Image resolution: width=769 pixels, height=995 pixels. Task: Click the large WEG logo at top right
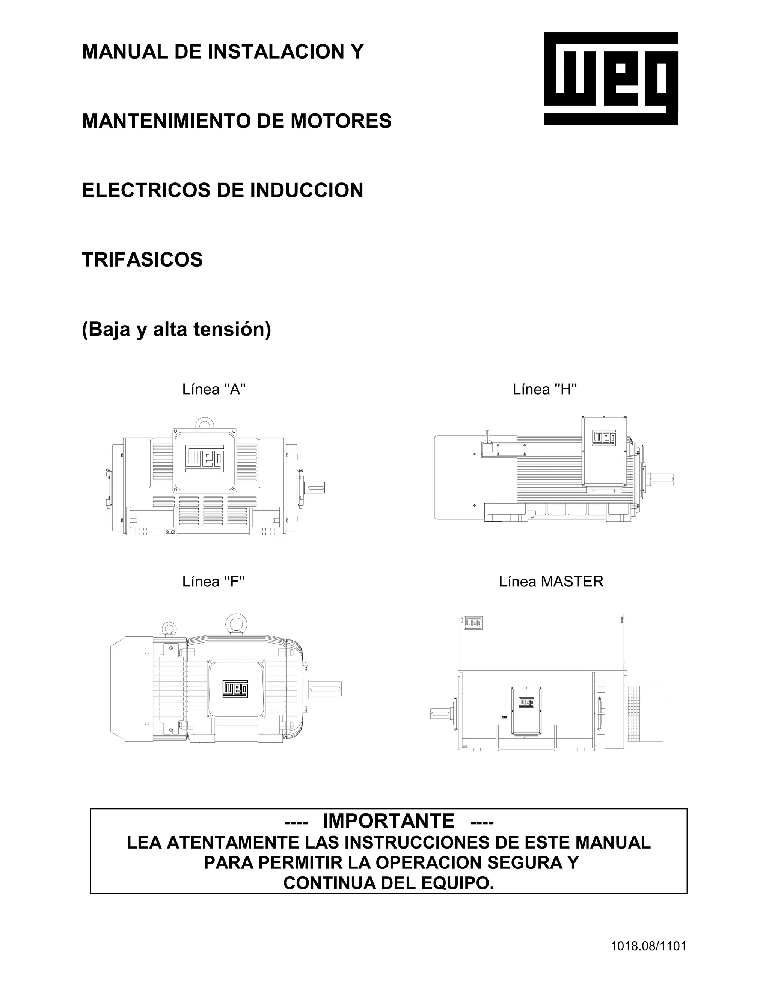(x=611, y=78)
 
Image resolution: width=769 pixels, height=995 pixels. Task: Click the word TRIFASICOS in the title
(x=142, y=260)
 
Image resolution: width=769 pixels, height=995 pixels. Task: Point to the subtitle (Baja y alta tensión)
(x=176, y=329)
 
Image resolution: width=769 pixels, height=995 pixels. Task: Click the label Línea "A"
(x=214, y=389)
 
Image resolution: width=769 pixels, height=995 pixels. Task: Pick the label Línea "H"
(x=544, y=389)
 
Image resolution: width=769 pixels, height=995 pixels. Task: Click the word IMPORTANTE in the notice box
(x=388, y=821)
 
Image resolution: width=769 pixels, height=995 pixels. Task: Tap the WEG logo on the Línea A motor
(x=205, y=459)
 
